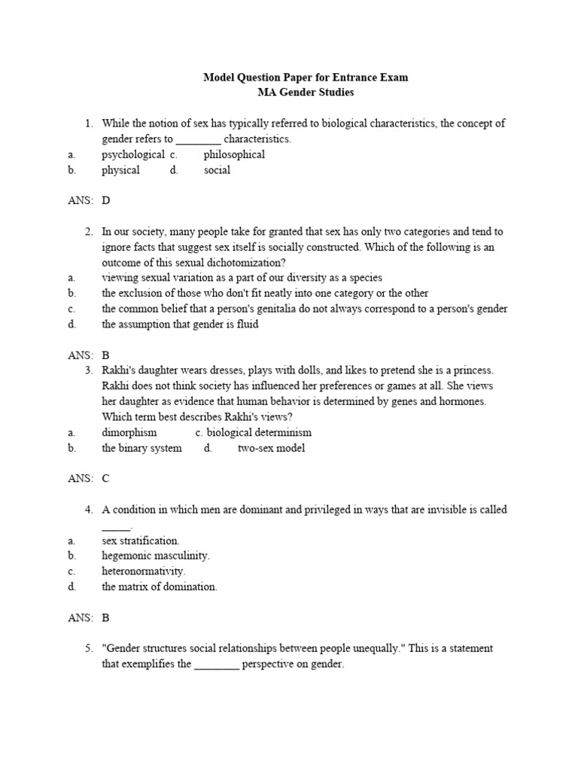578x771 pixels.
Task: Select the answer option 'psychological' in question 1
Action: pos(133,154)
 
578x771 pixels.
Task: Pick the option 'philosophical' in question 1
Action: pos(234,154)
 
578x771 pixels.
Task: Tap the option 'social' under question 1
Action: pos(217,170)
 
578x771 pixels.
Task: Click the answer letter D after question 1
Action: pos(106,201)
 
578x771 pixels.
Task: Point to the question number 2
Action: pos(88,232)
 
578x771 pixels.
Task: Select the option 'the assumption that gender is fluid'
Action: pos(180,325)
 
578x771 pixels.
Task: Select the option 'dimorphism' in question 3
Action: pos(129,432)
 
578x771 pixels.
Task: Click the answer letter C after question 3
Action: pos(106,479)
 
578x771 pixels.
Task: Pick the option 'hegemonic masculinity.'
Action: pos(156,556)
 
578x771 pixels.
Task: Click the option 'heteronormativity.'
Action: pos(144,571)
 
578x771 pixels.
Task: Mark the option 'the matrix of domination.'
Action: pos(160,587)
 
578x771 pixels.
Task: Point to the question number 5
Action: pos(88,648)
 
